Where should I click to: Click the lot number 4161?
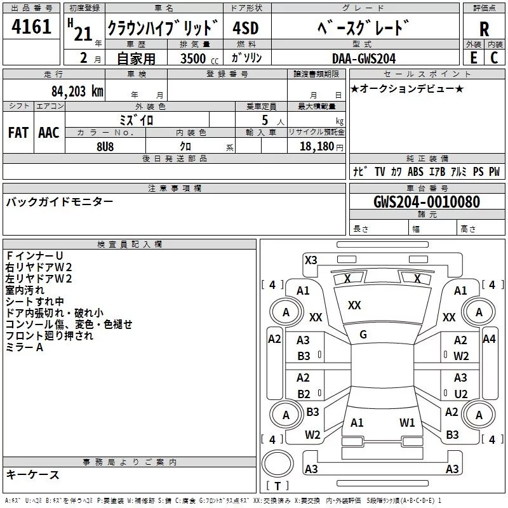coord(32,28)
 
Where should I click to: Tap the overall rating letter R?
coord(485,29)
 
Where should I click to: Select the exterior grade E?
coord(473,58)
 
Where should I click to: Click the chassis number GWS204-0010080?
coord(427,202)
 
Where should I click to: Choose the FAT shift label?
coord(18,133)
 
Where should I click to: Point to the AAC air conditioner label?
coord(49,133)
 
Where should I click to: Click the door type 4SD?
coord(246,29)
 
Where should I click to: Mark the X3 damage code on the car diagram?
coord(311,260)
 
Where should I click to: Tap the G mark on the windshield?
coord(363,335)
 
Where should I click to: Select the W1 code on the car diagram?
coord(407,422)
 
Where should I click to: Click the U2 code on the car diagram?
coord(461,394)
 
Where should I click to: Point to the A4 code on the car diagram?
coord(489,339)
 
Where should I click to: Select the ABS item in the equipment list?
coord(415,171)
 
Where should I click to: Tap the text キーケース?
coord(33,474)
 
